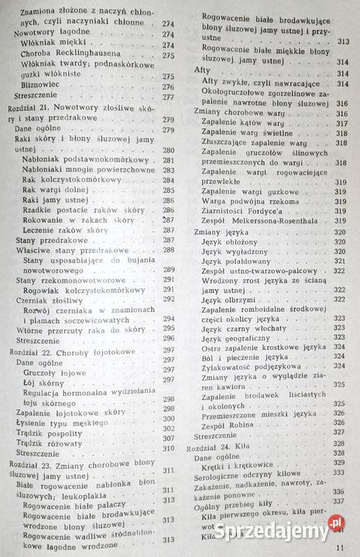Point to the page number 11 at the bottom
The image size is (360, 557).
pyautogui.click(x=339, y=548)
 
